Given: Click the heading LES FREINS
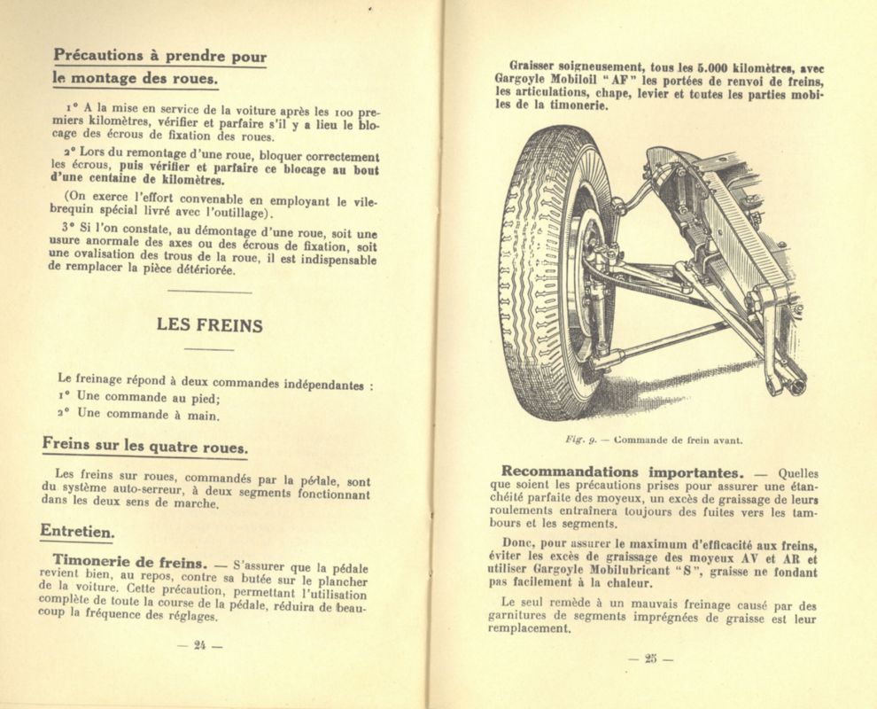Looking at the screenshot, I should (209, 325).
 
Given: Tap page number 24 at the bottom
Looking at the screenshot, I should (198, 645).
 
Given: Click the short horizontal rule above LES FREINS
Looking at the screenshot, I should (209, 292).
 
